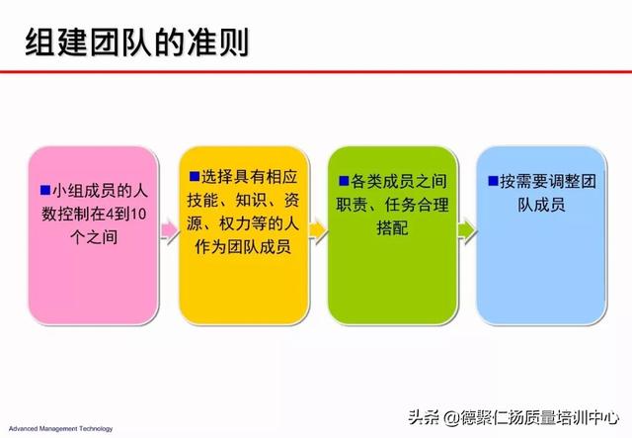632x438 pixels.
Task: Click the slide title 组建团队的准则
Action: click(136, 43)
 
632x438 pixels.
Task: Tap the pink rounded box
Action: click(93, 235)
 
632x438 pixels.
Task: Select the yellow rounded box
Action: click(244, 235)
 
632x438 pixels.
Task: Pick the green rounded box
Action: click(393, 235)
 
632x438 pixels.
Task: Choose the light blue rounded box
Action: click(541, 235)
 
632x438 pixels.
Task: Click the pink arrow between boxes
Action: click(169, 230)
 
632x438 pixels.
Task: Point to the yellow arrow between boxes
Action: click(318, 230)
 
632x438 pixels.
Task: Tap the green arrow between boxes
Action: click(467, 230)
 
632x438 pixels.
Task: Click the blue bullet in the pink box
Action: click(45, 190)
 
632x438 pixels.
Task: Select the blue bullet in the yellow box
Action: click(195, 176)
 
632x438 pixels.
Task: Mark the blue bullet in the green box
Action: click(344, 181)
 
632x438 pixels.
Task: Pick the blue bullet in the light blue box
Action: click(493, 181)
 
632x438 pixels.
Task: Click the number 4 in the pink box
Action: click(110, 214)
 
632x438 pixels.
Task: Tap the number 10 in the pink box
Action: click(138, 214)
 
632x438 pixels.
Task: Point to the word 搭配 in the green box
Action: click(392, 228)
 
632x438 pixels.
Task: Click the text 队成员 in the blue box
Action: click(541, 205)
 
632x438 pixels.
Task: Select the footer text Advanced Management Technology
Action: click(61, 429)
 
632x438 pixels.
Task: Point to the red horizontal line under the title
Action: click(316, 72)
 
